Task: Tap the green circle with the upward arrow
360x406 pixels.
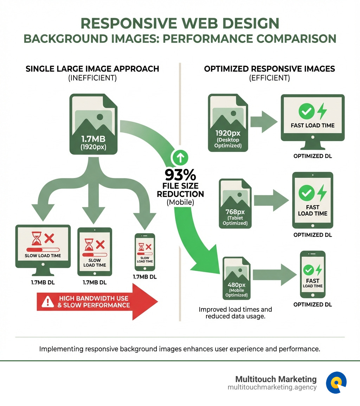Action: point(180,158)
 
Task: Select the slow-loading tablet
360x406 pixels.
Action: point(95,251)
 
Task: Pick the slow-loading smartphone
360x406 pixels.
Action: point(145,252)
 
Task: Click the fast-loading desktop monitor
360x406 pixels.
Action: point(313,121)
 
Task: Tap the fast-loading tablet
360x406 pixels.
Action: point(313,200)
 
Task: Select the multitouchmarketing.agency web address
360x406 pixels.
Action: point(272,387)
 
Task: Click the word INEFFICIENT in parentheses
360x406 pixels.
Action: point(92,78)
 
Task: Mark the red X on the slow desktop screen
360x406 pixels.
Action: point(50,239)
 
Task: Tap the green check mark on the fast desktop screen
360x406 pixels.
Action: point(306,111)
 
